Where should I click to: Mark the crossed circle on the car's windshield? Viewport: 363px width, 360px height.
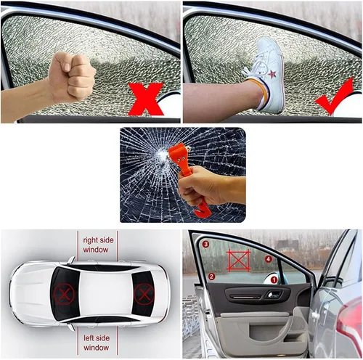tap(143, 294)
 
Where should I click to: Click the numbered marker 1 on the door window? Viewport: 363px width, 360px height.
tap(274, 279)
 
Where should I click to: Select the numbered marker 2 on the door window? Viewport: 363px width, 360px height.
tap(211, 276)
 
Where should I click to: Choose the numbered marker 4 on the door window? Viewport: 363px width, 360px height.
tap(269, 258)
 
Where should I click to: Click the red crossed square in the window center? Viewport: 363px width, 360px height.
tap(238, 260)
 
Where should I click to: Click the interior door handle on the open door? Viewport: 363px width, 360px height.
tap(273, 294)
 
